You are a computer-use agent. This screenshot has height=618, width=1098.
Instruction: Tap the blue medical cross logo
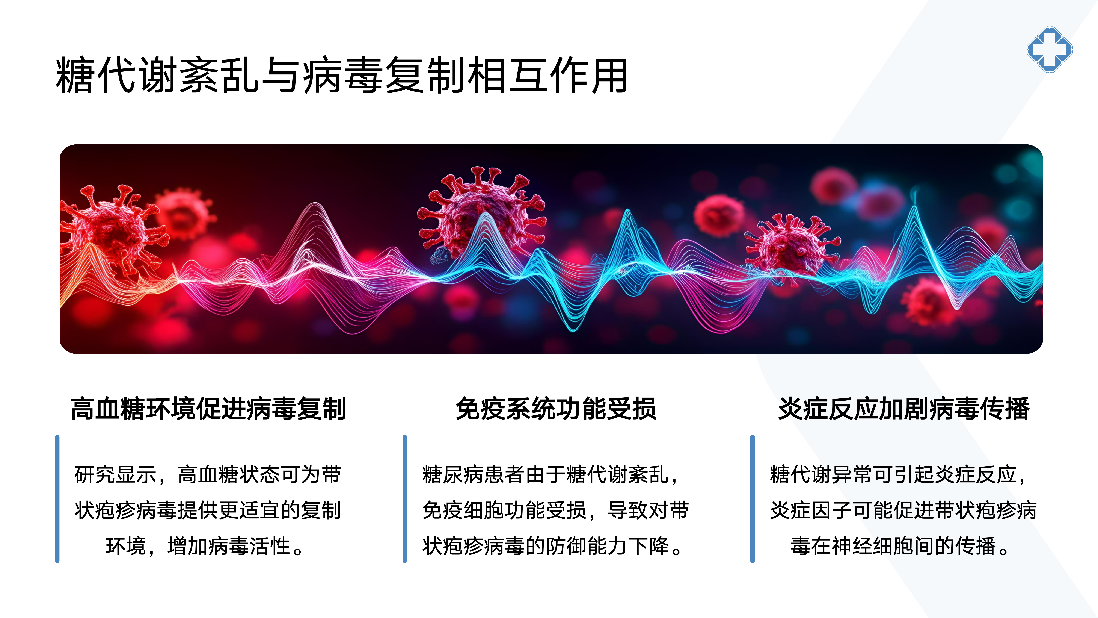pos(1049,50)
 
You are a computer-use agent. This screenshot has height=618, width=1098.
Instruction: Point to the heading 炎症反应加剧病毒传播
pos(904,409)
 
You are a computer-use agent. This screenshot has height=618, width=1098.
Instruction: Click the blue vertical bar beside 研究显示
pos(57,499)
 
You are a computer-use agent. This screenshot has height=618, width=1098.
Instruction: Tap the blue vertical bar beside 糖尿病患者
pos(405,499)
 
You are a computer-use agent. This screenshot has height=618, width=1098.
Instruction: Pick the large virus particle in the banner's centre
pos(482,213)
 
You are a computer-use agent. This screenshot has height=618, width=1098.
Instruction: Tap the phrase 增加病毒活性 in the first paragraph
pos(229,546)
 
